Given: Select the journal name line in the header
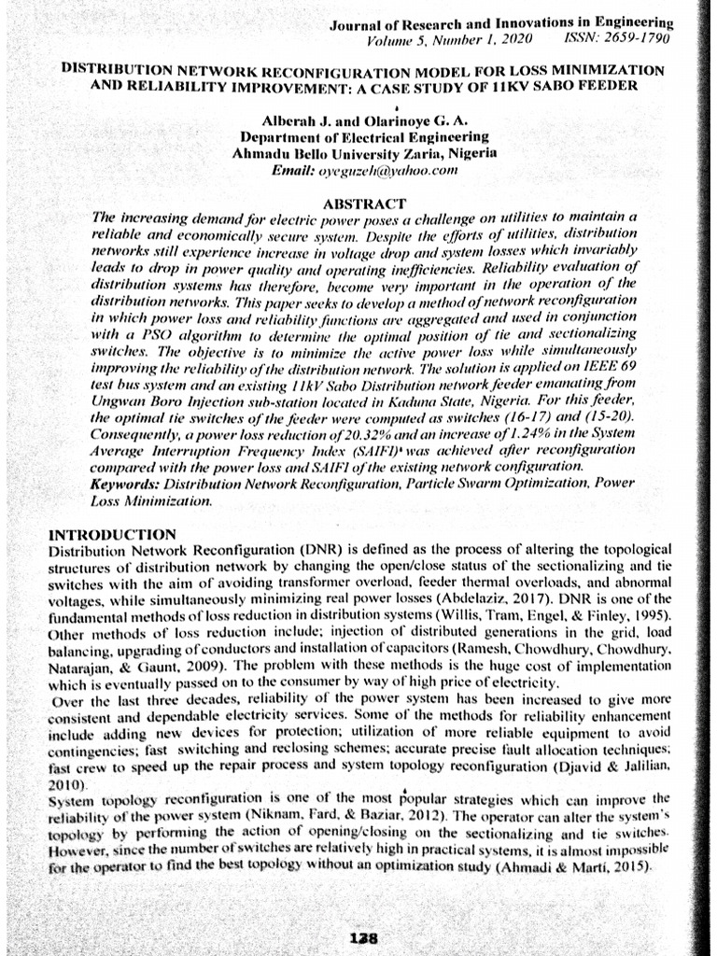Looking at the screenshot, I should pos(502,23).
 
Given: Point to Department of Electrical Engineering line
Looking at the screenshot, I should pos(363,137).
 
